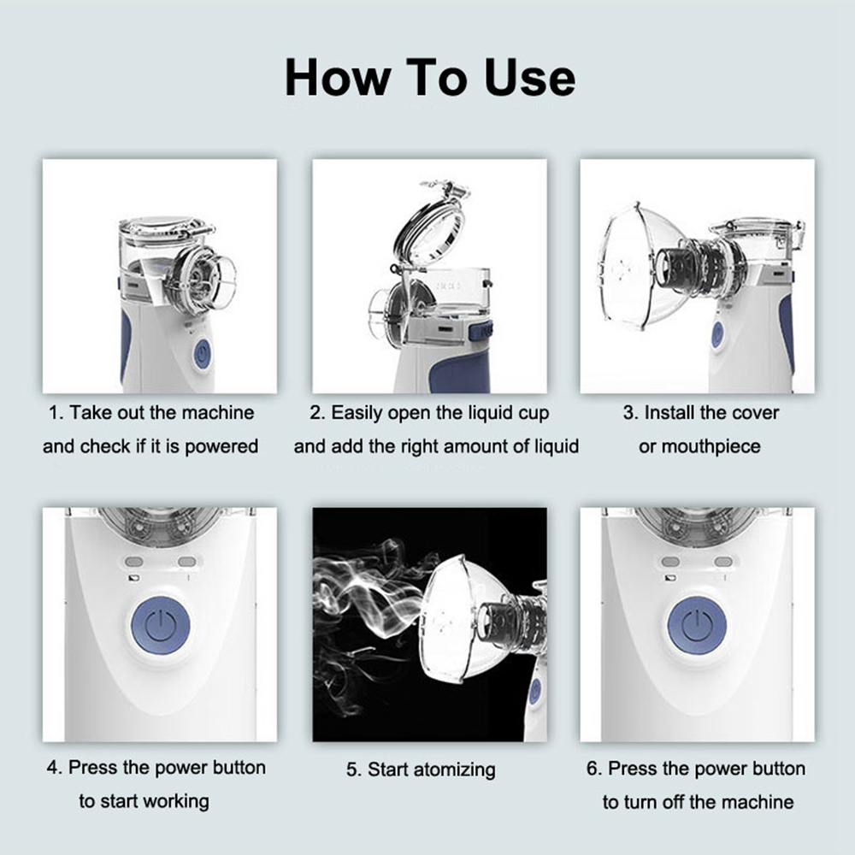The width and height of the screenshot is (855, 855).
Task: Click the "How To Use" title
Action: click(429, 78)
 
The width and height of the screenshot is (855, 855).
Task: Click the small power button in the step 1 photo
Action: click(202, 353)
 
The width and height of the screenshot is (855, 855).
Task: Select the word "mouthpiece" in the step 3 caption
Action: click(699, 446)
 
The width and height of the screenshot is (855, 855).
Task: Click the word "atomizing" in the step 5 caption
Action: click(454, 769)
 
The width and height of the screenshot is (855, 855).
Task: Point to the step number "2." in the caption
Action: click(317, 413)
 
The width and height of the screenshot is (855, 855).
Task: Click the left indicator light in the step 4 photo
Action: click(134, 562)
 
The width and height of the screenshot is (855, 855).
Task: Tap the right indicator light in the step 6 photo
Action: click(723, 562)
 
